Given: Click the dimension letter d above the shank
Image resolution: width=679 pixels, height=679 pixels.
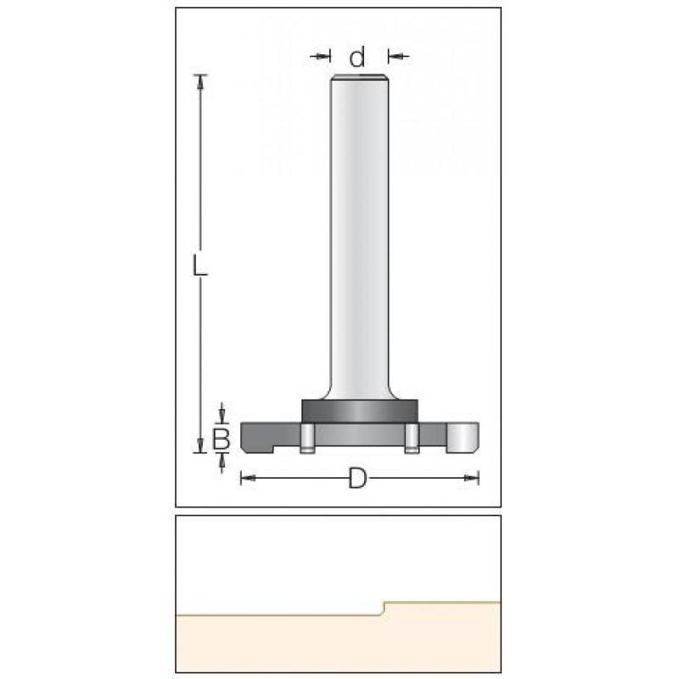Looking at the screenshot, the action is tap(357, 57).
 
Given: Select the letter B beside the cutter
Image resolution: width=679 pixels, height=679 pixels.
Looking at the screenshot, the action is tap(222, 438).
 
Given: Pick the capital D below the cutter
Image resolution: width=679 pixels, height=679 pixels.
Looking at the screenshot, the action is tap(357, 478).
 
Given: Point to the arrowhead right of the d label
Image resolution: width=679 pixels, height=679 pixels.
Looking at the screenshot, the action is tap(396, 56).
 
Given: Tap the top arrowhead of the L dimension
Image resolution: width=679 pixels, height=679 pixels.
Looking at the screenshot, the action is tap(200, 82).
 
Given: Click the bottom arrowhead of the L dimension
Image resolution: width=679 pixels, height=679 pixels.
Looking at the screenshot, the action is tap(200, 445).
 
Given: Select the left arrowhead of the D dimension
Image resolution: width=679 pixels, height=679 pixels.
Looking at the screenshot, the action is tap(248, 478).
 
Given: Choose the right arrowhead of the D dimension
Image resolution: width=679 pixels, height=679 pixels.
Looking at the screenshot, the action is tap(472, 478).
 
